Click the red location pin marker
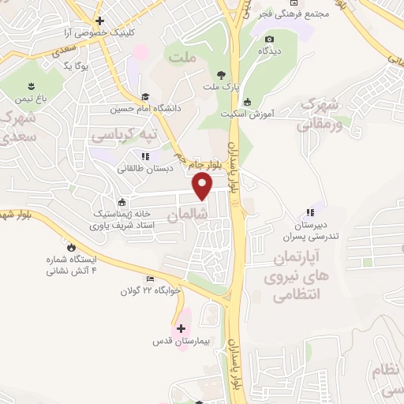203,186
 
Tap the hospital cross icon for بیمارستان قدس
181,328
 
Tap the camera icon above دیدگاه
270,39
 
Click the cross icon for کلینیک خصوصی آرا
99,21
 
